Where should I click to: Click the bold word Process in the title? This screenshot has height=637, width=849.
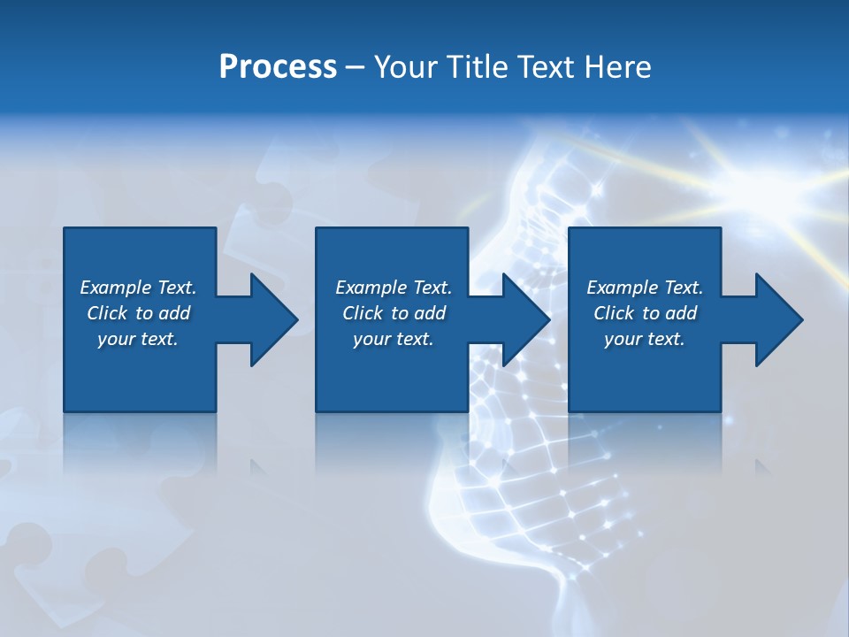pos(278,67)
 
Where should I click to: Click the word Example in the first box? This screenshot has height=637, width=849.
pos(116,288)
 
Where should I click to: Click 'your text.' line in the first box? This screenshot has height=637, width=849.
pos(138,339)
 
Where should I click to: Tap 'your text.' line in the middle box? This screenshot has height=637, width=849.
pos(393,339)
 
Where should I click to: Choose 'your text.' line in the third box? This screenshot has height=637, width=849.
pos(644,339)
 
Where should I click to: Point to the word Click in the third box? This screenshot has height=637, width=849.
pos(615,313)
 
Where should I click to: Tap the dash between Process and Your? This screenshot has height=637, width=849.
pos(356,67)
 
